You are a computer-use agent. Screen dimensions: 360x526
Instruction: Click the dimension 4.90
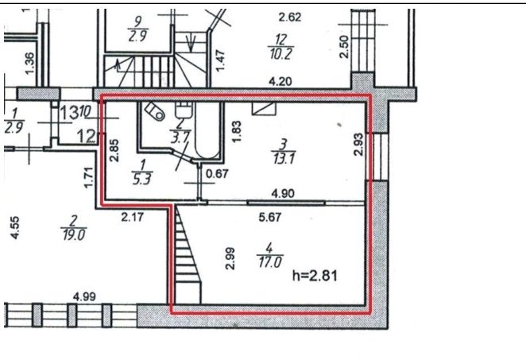tap(284, 193)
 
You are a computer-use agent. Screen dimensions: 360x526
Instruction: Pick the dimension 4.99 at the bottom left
tap(84, 297)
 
